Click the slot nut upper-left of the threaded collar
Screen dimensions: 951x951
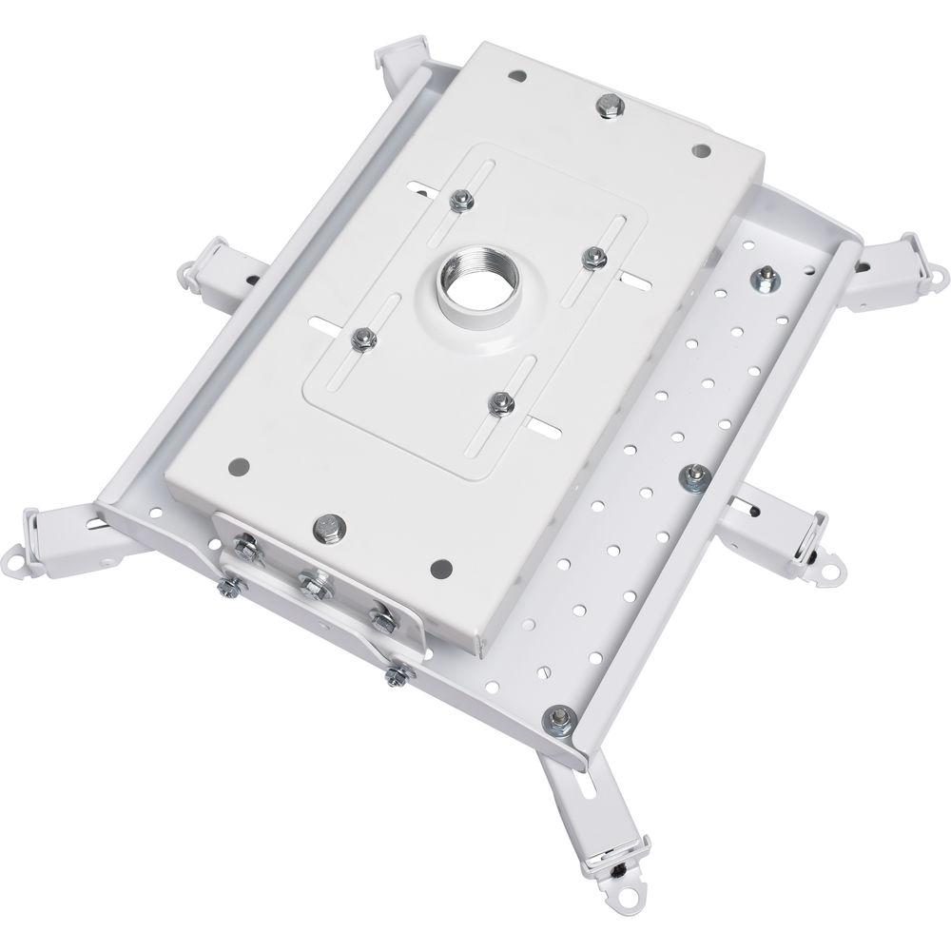[459, 198]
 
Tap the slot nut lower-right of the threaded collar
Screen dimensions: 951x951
[498, 403]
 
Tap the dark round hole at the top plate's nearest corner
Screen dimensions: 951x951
[440, 567]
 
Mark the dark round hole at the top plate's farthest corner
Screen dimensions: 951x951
[516, 75]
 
